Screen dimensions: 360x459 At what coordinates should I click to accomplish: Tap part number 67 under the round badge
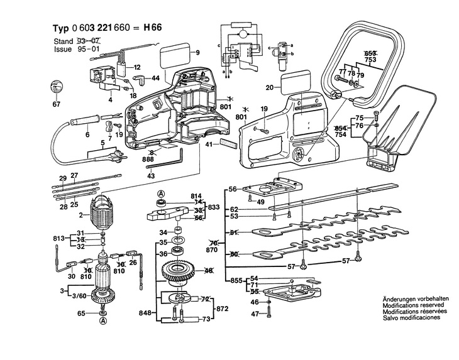coord(57,104)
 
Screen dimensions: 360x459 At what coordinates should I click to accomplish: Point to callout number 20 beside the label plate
coord(268,87)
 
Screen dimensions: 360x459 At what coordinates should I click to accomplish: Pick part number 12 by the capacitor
coord(136,67)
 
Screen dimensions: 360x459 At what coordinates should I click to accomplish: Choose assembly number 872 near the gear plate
coord(221,310)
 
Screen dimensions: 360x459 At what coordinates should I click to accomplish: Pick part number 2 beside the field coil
coord(82,215)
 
